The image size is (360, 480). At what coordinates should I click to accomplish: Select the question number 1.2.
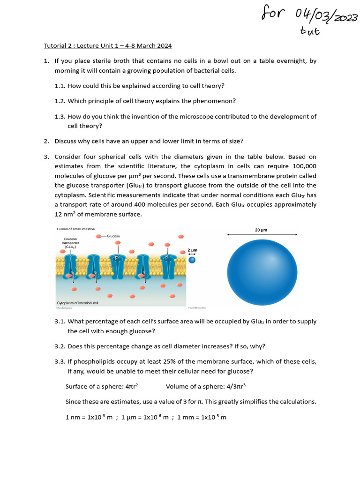(x=60, y=101)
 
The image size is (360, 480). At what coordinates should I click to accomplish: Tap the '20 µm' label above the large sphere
(x=261, y=230)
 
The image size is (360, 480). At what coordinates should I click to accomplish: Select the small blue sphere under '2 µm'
(x=192, y=260)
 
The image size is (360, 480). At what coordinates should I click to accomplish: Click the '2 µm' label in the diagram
(x=192, y=250)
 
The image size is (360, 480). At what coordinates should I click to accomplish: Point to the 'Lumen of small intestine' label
(x=75, y=229)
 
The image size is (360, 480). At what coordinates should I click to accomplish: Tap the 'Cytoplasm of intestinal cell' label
(x=77, y=303)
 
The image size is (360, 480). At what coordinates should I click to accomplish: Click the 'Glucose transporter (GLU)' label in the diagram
(x=70, y=242)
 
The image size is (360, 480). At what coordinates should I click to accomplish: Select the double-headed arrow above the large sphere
(x=262, y=234)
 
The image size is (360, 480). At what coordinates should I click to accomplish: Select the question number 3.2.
(x=60, y=346)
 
